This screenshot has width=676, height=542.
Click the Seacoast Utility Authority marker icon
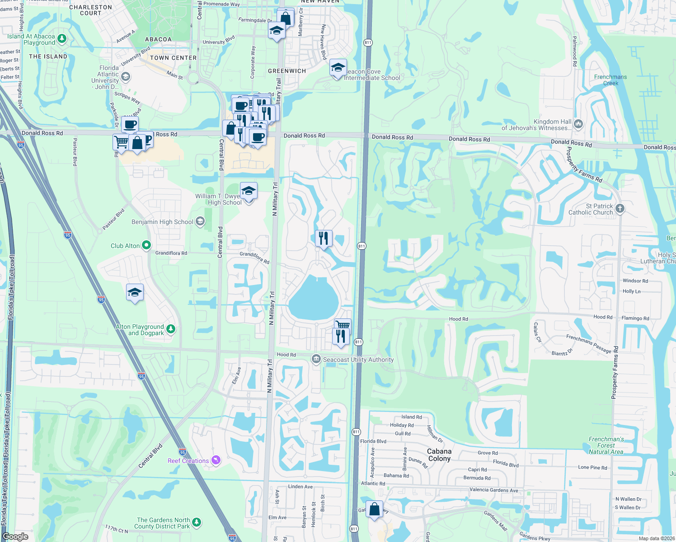(x=316, y=359)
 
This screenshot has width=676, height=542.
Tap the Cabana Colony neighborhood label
(x=439, y=455)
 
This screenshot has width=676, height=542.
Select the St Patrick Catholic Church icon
(x=620, y=208)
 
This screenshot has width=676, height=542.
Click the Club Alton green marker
(x=146, y=245)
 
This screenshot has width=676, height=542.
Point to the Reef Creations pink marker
(x=216, y=460)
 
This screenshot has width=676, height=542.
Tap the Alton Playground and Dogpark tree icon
(x=171, y=329)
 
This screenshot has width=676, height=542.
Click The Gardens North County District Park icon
(x=197, y=522)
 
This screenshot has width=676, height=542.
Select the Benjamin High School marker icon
(x=200, y=221)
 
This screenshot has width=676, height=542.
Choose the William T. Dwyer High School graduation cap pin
(x=248, y=192)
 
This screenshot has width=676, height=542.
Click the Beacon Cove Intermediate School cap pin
(x=338, y=68)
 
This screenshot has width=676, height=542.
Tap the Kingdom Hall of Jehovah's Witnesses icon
(x=578, y=124)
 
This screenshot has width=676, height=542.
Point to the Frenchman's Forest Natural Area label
(x=606, y=445)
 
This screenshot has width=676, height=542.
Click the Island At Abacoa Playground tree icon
(x=62, y=39)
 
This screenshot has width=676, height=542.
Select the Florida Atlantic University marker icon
(x=126, y=77)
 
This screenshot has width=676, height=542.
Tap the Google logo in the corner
(x=15, y=536)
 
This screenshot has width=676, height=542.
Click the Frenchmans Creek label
(x=610, y=80)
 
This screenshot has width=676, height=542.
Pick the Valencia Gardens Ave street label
(x=494, y=490)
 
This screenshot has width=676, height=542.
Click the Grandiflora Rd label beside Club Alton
(x=171, y=253)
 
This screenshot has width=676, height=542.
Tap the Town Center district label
(x=173, y=58)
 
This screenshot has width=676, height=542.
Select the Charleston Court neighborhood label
(x=90, y=10)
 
